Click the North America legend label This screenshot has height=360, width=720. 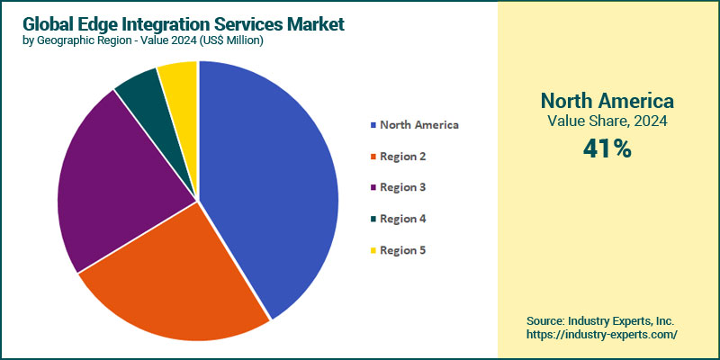(418, 124)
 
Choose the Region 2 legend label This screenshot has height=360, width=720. (402, 156)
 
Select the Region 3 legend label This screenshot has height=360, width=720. (402, 187)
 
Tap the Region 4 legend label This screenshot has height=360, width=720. (402, 219)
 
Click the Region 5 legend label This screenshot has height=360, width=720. (402, 249)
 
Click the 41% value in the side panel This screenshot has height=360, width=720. (607, 148)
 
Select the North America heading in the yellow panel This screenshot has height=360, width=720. (607, 100)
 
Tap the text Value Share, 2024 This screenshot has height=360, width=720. (607, 121)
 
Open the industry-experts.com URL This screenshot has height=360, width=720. (601, 334)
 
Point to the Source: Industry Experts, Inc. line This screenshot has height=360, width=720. (601, 319)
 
